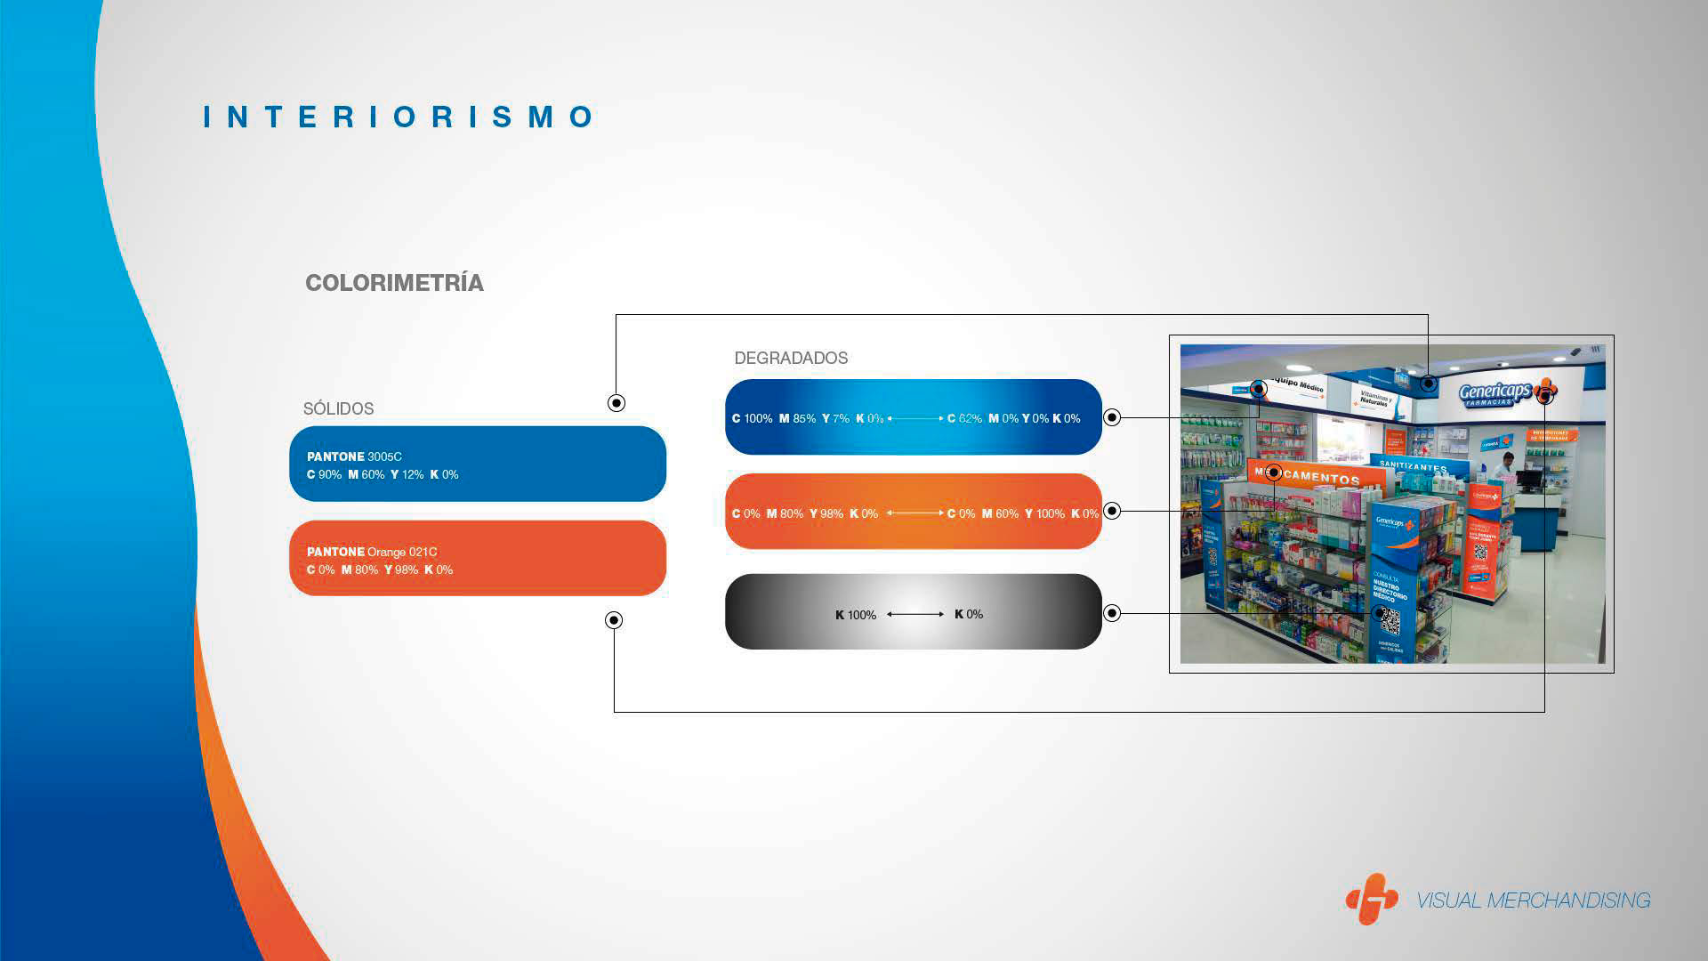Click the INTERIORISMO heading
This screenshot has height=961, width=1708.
pos(399,117)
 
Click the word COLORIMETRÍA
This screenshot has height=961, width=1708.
pos(394,283)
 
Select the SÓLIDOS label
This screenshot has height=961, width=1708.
pos(338,408)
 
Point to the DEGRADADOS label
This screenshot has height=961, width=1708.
pos(791,358)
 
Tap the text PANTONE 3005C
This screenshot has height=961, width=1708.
pos(354,456)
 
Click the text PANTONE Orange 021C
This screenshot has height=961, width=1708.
pos(372,552)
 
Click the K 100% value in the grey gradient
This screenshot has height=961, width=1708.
pos(856,615)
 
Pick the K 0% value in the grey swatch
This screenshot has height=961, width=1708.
pos(969,614)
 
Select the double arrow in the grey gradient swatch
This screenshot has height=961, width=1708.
pos(915,614)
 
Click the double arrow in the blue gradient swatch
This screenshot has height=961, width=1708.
pos(915,418)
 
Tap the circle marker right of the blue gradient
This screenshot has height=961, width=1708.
pos(1112,417)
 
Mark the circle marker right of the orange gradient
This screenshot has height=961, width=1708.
pos(1112,511)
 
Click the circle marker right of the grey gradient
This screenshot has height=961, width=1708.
pos(1112,613)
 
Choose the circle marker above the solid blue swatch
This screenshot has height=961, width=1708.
pos(616,403)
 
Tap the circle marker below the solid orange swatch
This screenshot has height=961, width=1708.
pos(614,620)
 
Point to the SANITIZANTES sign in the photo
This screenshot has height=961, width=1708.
pos(1414,466)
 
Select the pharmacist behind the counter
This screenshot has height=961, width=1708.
pos(1503,466)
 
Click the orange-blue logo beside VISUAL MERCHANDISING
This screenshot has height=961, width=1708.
pos(1371,899)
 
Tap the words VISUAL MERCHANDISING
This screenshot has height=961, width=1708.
pos(1533,900)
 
